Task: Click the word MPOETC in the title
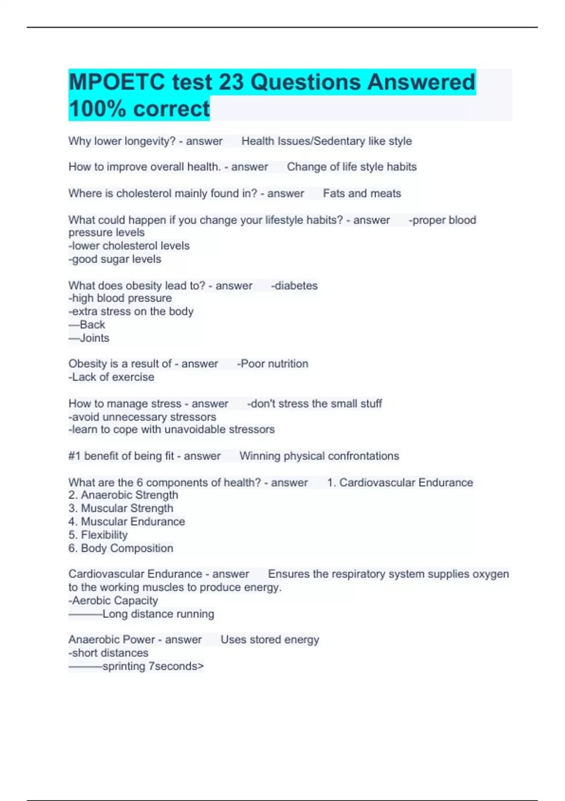[116, 82]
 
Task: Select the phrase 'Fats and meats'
[362, 194]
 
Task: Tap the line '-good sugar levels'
[115, 259]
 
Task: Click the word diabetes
[296, 286]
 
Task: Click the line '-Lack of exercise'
[112, 377]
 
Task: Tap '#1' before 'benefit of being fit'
[74, 456]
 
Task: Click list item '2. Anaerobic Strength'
[123, 495]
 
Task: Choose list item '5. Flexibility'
[98, 535]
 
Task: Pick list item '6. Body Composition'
[121, 548]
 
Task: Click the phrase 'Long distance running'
[158, 614]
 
